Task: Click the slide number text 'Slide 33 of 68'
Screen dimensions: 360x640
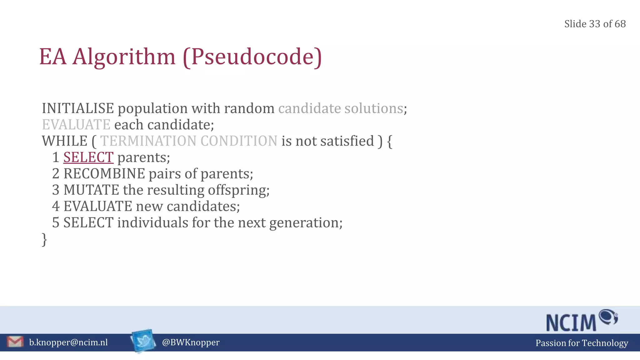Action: tap(595, 24)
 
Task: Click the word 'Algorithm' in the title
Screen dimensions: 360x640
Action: tap(124, 57)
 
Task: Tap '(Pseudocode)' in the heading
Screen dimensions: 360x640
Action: tap(252, 57)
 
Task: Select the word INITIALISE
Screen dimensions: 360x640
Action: tap(78, 108)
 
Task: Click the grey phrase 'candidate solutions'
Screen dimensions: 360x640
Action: tap(340, 108)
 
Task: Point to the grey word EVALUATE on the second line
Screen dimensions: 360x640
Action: tap(76, 125)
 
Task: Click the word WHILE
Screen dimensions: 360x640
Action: tap(65, 141)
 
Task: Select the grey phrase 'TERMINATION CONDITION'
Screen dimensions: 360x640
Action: tap(188, 141)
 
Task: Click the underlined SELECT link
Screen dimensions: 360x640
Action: tap(88, 157)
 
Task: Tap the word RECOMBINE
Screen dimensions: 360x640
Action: tap(104, 174)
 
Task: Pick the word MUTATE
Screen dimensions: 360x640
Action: tap(91, 190)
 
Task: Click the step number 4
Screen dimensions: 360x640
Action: tap(56, 206)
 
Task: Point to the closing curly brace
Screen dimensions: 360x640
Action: tap(44, 240)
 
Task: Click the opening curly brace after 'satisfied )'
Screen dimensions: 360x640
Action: tap(389, 141)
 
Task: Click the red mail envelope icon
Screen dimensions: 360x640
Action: tap(15, 342)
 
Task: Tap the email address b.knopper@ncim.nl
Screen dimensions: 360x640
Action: tap(68, 342)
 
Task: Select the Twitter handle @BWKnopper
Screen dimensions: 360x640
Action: tap(191, 342)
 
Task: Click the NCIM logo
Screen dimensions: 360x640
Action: tap(581, 321)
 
